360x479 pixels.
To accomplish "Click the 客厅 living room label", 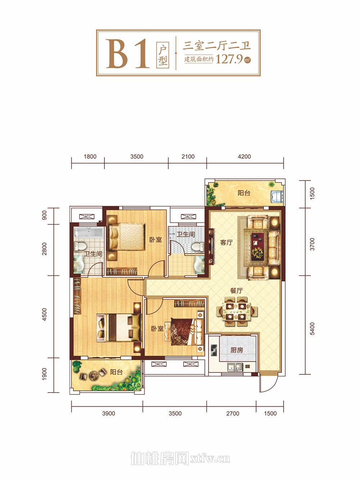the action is (226, 242).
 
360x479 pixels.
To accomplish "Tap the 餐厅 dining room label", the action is (237, 291).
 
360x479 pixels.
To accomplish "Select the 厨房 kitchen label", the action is (237, 350).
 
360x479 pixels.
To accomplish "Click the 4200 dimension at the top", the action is (244, 156).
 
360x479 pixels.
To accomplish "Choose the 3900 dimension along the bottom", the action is (109, 413).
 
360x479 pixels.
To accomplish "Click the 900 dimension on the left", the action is (44, 215).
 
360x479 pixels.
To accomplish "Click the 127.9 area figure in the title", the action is (229, 59).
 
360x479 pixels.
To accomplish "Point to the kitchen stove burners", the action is (214, 348).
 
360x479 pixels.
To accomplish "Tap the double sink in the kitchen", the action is (235, 367).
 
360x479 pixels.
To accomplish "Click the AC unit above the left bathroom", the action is (86, 217).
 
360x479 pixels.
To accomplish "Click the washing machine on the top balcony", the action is (277, 197).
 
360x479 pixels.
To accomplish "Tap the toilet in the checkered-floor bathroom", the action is (197, 247).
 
